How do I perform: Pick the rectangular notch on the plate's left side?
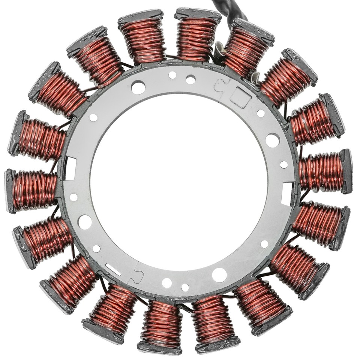70,164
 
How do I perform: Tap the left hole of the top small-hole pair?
172,75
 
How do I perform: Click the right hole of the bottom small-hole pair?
185,287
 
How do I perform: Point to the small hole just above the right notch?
284,164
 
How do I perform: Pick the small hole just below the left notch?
73,197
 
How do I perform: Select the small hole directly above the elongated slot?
96,249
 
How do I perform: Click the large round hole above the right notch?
272,140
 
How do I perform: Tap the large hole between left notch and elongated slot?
85,222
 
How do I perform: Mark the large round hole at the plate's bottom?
219,275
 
